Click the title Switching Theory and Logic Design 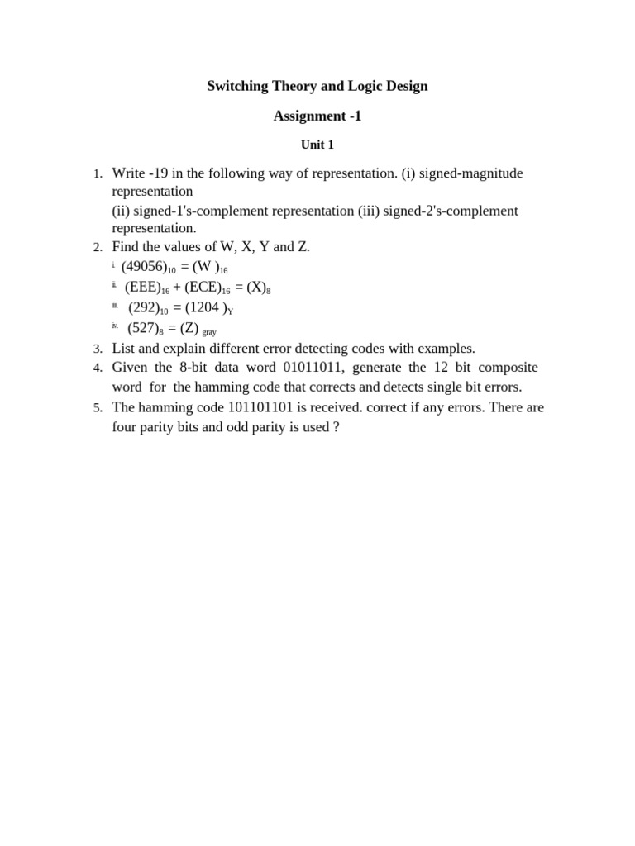[317, 86]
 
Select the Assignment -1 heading [317, 116]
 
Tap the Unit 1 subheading [317, 145]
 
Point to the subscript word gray [208, 332]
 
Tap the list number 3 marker [97, 349]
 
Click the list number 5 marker [97, 408]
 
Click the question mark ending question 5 [336, 427]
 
